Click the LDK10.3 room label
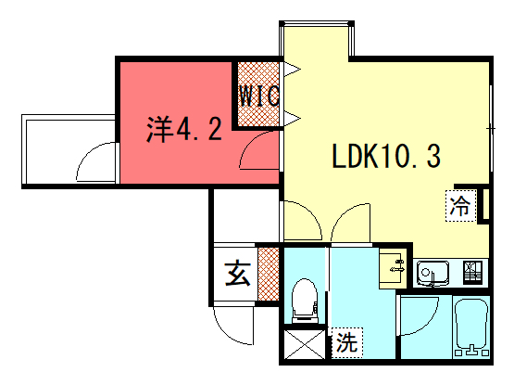click(386, 156)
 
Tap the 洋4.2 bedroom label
click(184, 130)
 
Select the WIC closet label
click(259, 96)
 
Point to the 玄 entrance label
click(238, 274)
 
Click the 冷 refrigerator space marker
click(460, 206)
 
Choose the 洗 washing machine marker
click(346, 342)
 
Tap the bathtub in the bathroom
click(471, 327)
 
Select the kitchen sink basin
click(433, 273)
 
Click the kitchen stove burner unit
click(472, 272)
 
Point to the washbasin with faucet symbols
click(393, 268)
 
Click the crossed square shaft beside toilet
click(305, 344)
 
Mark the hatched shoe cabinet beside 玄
click(269, 274)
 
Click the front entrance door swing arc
click(230, 332)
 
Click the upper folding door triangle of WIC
click(292, 70)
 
